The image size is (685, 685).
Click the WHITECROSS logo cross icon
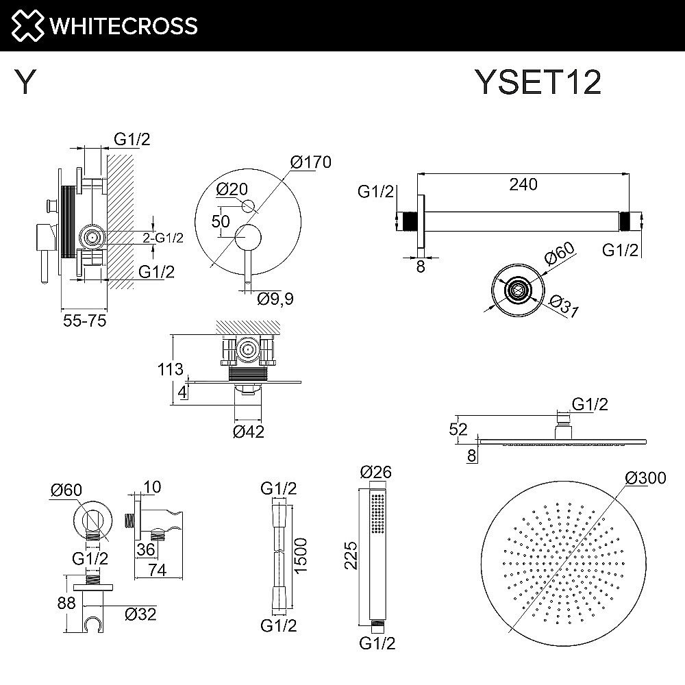point(24,25)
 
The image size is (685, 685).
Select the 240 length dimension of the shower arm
point(523,184)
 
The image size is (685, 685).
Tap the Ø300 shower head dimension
point(645,478)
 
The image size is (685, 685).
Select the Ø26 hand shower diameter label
point(375,472)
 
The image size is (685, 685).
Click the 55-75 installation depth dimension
point(84,321)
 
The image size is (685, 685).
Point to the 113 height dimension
point(170,370)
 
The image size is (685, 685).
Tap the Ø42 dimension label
point(249,432)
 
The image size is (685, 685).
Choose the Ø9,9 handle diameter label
point(275,299)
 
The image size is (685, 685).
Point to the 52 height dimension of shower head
point(459,429)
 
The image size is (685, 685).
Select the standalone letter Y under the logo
point(25,83)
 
